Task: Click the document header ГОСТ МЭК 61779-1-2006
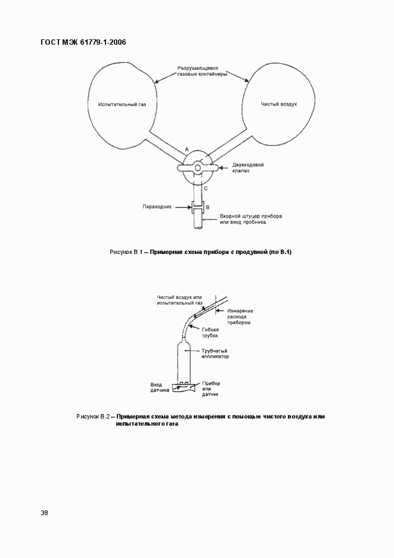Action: (x=83, y=42)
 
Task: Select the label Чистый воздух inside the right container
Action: (x=278, y=104)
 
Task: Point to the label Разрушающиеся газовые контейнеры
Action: (x=201, y=72)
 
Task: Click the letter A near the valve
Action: (x=187, y=147)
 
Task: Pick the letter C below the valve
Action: (x=206, y=188)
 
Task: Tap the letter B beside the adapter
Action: (x=207, y=207)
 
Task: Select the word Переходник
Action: (x=157, y=207)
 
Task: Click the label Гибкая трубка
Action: (x=210, y=333)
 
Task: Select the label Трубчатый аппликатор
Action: (x=214, y=354)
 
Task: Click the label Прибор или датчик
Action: (x=212, y=389)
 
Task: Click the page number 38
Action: (x=45, y=513)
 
